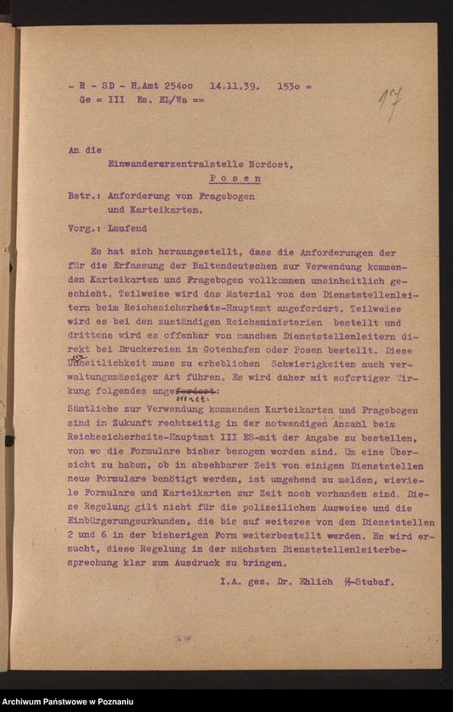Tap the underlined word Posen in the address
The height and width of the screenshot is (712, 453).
pyautogui.click(x=235, y=179)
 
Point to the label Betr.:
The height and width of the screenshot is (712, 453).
pyautogui.click(x=83, y=196)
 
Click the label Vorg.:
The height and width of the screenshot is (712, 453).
pyautogui.click(x=83, y=228)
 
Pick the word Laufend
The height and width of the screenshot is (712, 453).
pyautogui.click(x=127, y=228)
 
